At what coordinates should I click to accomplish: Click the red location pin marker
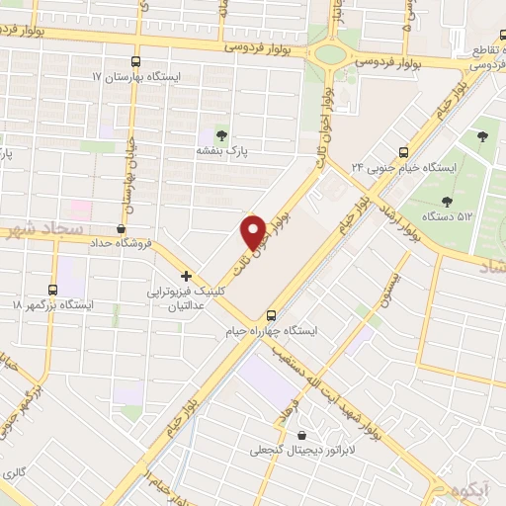254,232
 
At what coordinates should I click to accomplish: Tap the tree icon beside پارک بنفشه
219,135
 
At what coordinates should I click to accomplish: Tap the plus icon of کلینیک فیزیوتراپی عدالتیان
186,276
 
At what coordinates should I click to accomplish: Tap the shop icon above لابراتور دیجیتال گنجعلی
300,435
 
